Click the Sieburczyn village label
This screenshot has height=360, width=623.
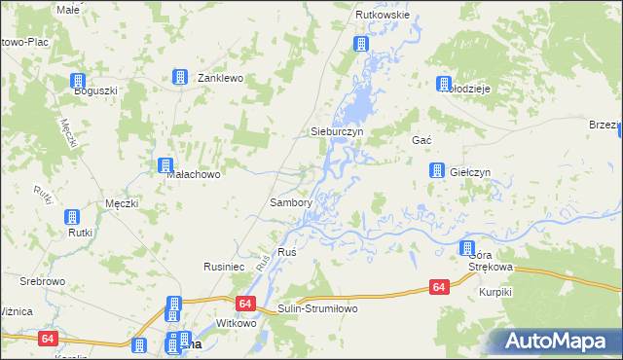(336, 130)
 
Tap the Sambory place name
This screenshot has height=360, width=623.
(290, 203)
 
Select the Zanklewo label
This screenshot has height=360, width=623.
(219, 78)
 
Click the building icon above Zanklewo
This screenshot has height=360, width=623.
(180, 77)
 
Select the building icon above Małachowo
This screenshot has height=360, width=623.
(165, 165)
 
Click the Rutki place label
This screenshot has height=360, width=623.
(79, 233)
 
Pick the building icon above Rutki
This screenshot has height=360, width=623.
(71, 218)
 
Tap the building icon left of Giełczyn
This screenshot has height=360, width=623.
(437, 171)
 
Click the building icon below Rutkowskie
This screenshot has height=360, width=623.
(361, 44)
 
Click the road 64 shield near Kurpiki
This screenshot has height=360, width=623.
(440, 287)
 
